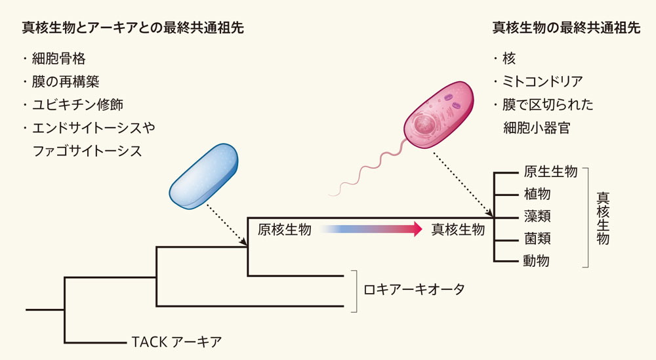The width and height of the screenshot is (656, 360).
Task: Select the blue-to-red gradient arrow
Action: tap(371, 229)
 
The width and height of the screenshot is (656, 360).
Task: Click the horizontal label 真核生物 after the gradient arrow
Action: tap(458, 230)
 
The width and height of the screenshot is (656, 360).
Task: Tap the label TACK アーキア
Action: tap(176, 341)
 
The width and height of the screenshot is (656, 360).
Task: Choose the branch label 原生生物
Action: tap(550, 172)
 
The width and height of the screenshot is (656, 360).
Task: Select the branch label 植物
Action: tap(537, 194)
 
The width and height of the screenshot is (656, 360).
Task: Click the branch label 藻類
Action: tap(537, 216)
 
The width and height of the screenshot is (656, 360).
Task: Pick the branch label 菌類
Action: tap(537, 238)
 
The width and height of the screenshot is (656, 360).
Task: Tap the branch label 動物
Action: tap(537, 260)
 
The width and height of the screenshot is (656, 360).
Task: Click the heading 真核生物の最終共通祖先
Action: tap(566, 28)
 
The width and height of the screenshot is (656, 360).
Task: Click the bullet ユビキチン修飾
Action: tap(77, 105)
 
